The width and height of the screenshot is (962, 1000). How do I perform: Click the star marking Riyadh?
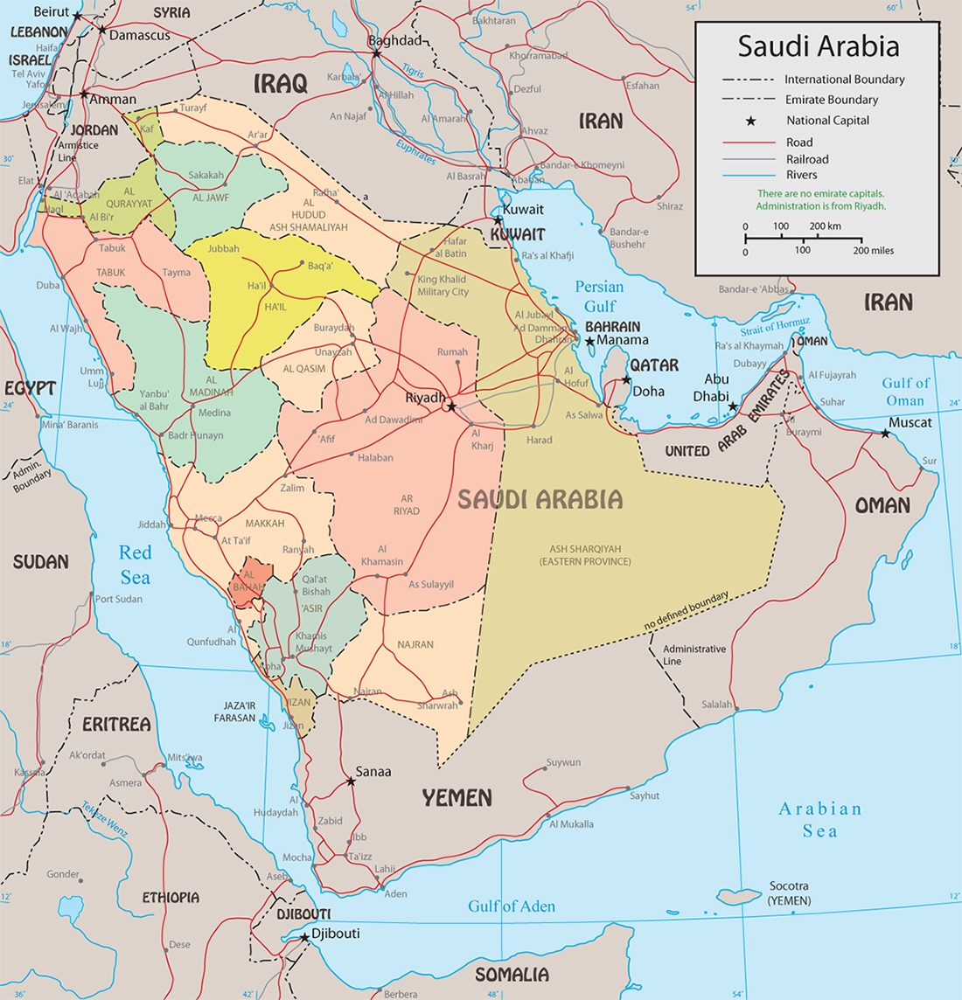point(451,407)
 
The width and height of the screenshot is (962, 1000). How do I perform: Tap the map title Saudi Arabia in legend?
point(818,45)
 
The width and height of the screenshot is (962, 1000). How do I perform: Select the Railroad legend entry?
point(806,159)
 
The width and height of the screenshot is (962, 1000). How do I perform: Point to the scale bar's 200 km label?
point(825,226)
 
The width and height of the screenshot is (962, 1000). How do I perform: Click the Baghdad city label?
point(394,41)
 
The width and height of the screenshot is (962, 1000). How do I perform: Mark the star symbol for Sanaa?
point(352,781)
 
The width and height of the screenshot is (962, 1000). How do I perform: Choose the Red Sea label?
point(136,565)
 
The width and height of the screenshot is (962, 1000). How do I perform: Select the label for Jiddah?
point(150,524)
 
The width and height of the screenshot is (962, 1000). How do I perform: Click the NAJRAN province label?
point(415,644)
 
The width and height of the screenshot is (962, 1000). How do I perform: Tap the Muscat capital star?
point(885,434)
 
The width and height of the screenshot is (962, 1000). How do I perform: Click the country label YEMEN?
point(457,797)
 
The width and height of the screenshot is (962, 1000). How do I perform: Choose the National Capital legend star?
point(749,121)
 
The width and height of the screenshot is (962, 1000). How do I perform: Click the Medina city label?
point(214,413)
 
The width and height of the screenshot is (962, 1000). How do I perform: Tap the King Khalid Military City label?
point(443,286)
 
